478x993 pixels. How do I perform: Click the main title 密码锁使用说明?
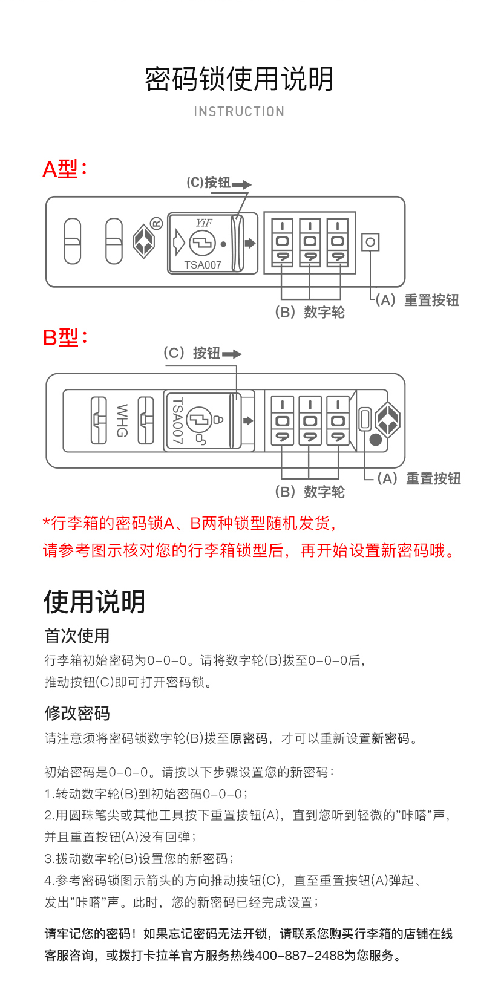point(239,79)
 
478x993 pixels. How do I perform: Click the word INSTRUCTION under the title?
point(239,112)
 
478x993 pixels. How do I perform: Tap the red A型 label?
point(64,169)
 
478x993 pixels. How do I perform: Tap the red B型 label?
point(64,337)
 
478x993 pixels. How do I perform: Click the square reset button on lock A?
point(370,243)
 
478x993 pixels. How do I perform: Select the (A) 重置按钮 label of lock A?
point(417,300)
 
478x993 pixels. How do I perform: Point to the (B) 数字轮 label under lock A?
point(310,312)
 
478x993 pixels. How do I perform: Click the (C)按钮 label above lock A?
point(209,183)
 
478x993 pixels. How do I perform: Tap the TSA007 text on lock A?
point(203,265)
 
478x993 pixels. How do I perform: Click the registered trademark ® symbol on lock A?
point(156,223)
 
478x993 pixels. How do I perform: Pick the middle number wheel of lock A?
point(310,242)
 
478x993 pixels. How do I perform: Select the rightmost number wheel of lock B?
point(338,420)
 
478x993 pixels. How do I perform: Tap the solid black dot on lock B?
point(376,440)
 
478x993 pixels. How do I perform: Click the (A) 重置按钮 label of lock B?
point(419,478)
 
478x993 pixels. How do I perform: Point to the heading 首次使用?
point(77,636)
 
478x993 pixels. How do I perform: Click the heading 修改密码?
point(77,713)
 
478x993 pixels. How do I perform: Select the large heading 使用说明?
point(94,602)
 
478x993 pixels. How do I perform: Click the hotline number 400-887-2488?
point(300,956)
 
